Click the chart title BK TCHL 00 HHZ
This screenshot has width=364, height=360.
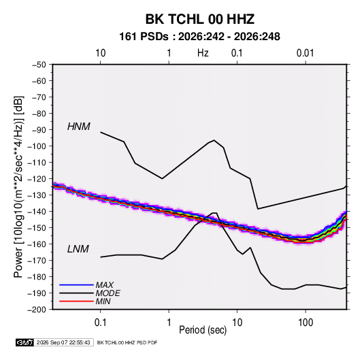200,19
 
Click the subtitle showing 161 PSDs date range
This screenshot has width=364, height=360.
199,37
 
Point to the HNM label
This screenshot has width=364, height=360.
79,127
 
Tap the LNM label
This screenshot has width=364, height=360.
78,249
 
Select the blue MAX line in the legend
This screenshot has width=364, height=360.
76,284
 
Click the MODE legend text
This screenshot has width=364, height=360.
107,293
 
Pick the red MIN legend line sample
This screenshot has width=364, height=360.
76,301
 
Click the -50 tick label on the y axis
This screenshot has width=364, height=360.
39,65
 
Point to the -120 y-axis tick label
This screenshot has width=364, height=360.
37,179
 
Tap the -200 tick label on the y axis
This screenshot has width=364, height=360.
37,310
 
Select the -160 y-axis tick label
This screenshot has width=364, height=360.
37,244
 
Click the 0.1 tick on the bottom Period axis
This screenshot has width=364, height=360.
100,323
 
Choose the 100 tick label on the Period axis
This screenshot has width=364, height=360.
305,323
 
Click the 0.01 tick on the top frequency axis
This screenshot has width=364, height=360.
305,53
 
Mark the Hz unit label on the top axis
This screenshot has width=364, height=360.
203,53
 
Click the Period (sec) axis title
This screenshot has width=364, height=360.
203,330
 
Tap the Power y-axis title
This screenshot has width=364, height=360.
18,187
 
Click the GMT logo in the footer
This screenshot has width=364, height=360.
25,342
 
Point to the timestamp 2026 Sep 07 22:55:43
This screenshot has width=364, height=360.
63,342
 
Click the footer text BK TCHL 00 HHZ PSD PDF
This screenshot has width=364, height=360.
127,342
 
